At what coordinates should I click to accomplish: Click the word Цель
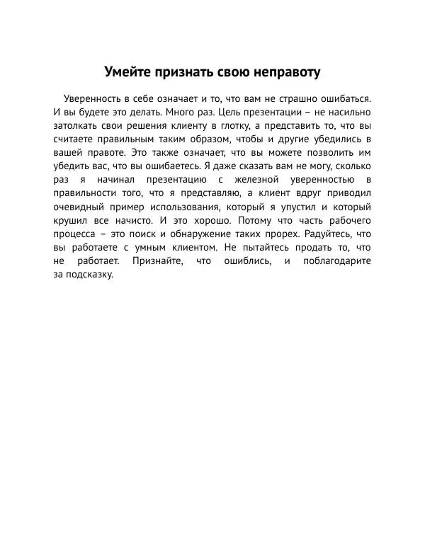[231, 112]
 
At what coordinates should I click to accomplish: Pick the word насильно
[347, 112]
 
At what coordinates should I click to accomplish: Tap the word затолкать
[76, 125]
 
